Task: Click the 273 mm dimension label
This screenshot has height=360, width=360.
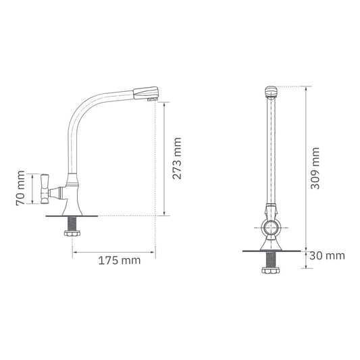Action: pyautogui.click(x=178, y=159)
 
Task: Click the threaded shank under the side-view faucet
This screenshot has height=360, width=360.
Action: pyautogui.click(x=72, y=223)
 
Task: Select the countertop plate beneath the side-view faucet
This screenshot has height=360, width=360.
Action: pyautogui.click(x=72, y=215)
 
